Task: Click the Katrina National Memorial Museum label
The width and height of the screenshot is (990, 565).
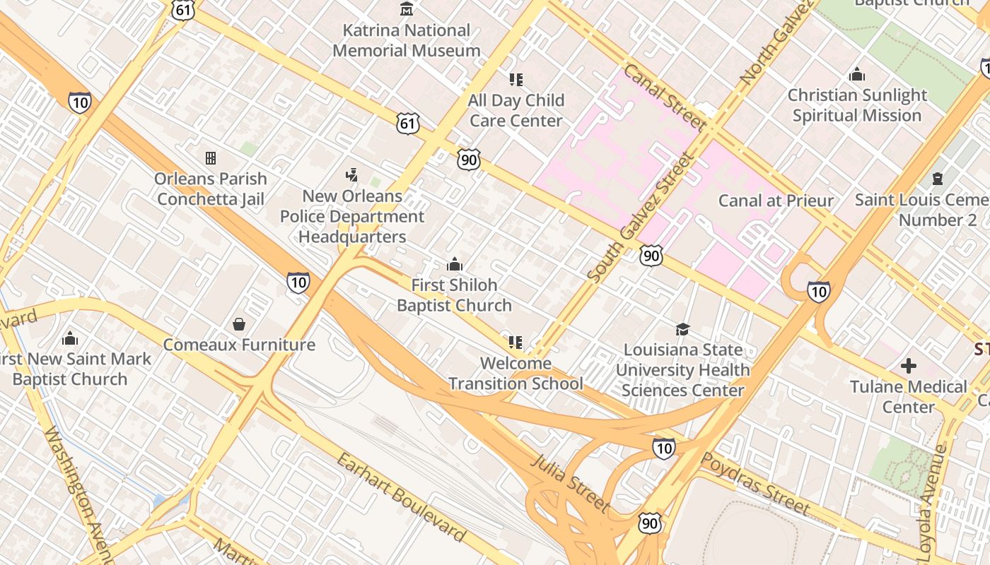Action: pyautogui.click(x=407, y=40)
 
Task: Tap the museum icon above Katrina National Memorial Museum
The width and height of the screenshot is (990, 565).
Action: pyautogui.click(x=407, y=9)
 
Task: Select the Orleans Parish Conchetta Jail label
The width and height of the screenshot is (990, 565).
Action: pyautogui.click(x=211, y=189)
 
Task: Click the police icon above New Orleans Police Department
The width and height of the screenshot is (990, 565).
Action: pyautogui.click(x=351, y=174)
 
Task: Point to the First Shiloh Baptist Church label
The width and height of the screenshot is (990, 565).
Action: pyautogui.click(x=454, y=295)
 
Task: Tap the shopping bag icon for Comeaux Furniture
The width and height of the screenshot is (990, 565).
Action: pyautogui.click(x=239, y=324)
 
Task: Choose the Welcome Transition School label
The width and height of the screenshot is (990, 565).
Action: pyautogui.click(x=516, y=374)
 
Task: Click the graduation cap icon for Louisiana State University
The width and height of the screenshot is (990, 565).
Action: pyautogui.click(x=682, y=329)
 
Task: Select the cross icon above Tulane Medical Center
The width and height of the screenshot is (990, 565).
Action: pyautogui.click(x=909, y=366)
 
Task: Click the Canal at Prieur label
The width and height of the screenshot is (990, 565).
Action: pyautogui.click(x=776, y=201)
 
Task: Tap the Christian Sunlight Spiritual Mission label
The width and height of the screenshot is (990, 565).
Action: pyautogui.click(x=857, y=105)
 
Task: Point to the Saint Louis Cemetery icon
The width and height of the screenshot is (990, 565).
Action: pyautogui.click(x=938, y=178)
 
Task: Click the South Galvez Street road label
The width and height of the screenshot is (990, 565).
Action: pyautogui.click(x=639, y=219)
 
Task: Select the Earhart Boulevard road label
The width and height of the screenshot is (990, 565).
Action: pyautogui.click(x=401, y=498)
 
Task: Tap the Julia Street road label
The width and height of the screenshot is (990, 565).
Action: pyautogui.click(x=569, y=483)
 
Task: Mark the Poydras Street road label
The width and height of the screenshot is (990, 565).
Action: pyautogui.click(x=755, y=484)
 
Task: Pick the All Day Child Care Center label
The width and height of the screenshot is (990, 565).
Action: pyautogui.click(x=516, y=110)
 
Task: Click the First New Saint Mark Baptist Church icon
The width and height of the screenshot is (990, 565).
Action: pyautogui.click(x=70, y=339)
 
